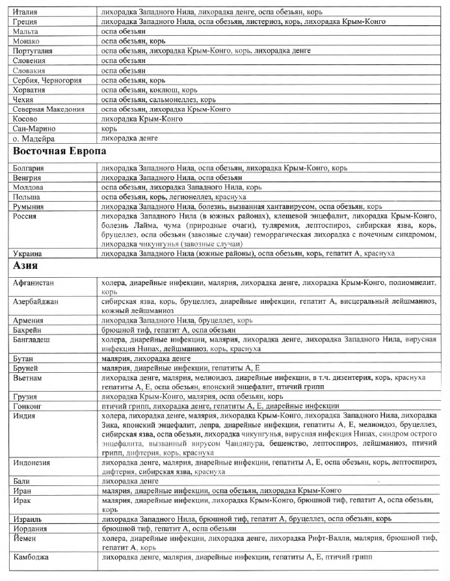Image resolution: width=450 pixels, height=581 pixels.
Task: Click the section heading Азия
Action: pyautogui.click(x=29, y=265)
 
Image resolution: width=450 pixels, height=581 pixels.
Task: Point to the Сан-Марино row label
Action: pyautogui.click(x=34, y=129)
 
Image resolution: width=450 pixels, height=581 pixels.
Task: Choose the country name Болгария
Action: pyautogui.click(x=30, y=168)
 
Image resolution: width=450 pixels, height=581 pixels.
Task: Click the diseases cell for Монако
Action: pyautogui.click(x=130, y=41)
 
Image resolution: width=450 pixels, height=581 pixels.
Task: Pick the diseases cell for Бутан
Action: pyautogui.click(x=136, y=358)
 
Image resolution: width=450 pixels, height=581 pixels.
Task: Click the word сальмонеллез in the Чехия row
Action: pyautogui.click(x=171, y=100)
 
